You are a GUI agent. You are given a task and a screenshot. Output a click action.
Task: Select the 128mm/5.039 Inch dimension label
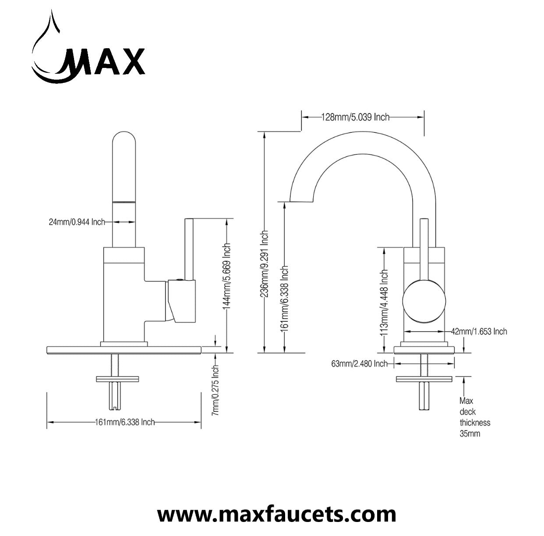coord(355,117)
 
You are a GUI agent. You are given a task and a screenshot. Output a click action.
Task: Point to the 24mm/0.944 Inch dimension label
coord(77,222)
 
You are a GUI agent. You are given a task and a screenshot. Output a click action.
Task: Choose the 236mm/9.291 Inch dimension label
coord(265,264)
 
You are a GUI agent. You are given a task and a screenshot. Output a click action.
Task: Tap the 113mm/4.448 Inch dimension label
coord(384,302)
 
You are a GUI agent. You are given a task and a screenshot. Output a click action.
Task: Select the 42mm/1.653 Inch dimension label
coord(479,331)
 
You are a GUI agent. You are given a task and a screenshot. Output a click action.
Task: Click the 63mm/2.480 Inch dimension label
coord(359,364)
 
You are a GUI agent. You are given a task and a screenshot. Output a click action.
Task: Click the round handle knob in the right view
coord(424,302)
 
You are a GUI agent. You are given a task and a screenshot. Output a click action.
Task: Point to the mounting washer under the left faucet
coord(117,379)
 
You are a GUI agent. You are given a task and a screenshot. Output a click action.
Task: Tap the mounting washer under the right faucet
coord(424,379)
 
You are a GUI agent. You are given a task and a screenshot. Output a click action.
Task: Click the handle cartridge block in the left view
coord(181,301)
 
